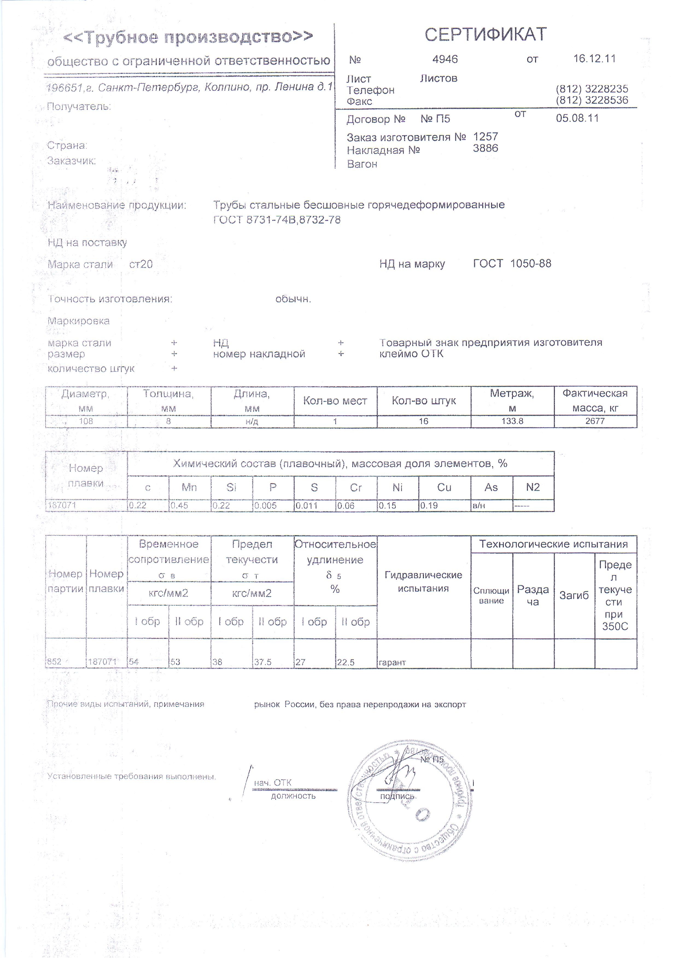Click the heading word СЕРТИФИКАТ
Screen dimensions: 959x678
point(486,35)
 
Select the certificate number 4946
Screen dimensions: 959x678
point(445,59)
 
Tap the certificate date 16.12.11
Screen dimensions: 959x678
point(594,59)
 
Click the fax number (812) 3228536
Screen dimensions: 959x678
point(592,100)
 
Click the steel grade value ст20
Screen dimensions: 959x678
point(141,264)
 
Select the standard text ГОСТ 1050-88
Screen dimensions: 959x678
point(512,264)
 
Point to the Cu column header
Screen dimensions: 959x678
point(444,487)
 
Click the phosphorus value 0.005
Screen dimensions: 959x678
point(266,505)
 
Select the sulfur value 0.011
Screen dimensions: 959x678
point(307,505)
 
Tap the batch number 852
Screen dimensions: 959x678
point(54,662)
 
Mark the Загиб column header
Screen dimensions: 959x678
point(574,595)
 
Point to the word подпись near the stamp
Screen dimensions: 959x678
point(397,797)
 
